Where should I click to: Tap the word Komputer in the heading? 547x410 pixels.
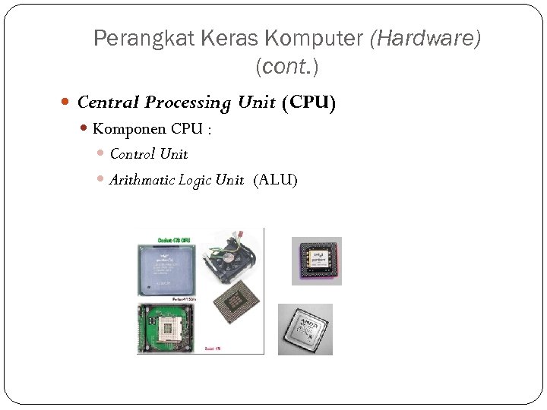pyautogui.click(x=314, y=39)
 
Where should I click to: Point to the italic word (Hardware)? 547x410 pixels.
pyautogui.click(x=425, y=39)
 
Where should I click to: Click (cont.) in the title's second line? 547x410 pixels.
pyautogui.click(x=287, y=68)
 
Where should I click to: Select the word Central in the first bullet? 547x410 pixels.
pyautogui.click(x=109, y=102)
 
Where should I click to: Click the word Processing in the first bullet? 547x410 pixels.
pyautogui.click(x=188, y=102)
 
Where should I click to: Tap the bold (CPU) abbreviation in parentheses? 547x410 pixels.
pyautogui.click(x=308, y=102)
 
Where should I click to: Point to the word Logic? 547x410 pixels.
pyautogui.click(x=195, y=180)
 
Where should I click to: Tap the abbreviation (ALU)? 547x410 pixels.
pyautogui.click(x=276, y=180)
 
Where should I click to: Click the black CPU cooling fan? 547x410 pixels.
pyautogui.click(x=232, y=256)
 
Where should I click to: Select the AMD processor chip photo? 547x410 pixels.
pyautogui.click(x=305, y=330)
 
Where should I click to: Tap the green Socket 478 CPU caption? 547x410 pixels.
pyautogui.click(x=174, y=240)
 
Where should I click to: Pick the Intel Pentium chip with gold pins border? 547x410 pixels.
pyautogui.click(x=316, y=260)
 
